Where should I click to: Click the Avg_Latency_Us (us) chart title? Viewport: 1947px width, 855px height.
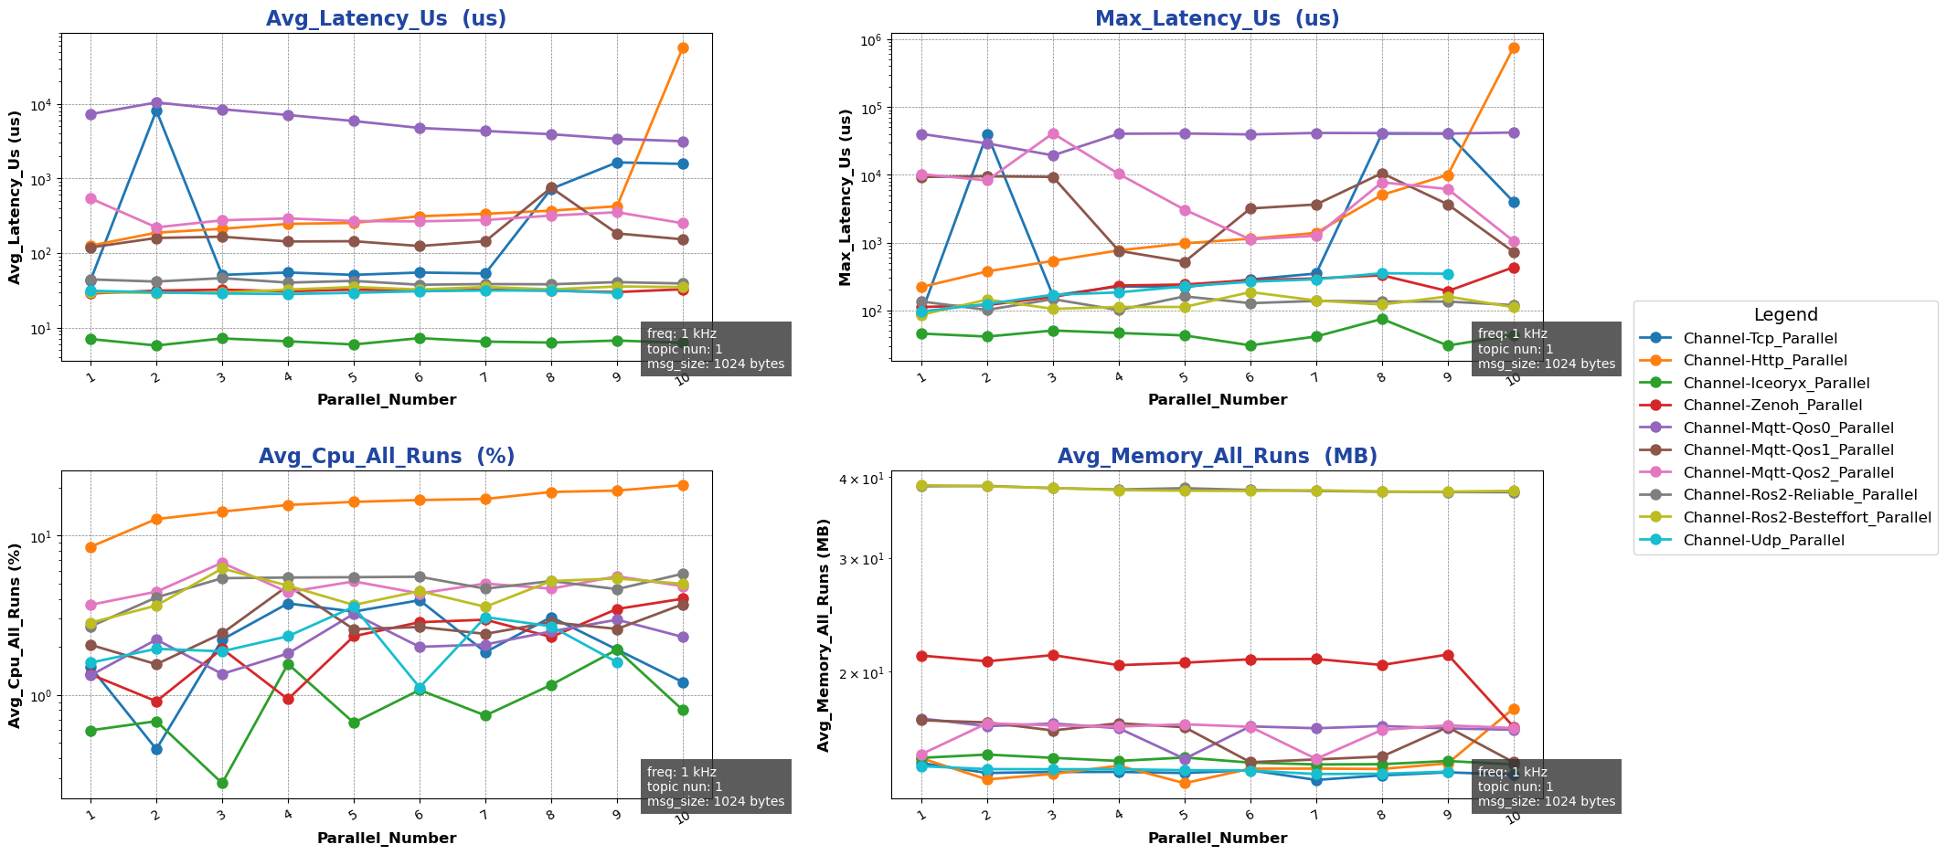pos(386,19)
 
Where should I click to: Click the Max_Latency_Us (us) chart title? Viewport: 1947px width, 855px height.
pos(1217,19)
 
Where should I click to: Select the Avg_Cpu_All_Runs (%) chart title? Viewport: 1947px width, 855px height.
pos(386,457)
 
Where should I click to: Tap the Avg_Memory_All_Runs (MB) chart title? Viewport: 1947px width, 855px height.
pos(1217,457)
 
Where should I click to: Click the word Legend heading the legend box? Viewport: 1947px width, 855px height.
pos(1785,315)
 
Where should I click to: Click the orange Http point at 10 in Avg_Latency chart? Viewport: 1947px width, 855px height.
pos(683,47)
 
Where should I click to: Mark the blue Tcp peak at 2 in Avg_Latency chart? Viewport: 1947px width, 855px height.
pos(156,111)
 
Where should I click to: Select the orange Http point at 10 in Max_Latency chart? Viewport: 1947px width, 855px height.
pos(1514,47)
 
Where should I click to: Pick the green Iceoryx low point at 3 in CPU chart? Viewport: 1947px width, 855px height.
pos(222,783)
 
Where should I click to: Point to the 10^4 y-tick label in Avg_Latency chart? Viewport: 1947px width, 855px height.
pos(42,104)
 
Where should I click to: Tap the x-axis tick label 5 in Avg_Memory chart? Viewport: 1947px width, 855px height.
pos(1184,816)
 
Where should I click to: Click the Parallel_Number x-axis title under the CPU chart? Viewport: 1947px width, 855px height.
pos(386,838)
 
